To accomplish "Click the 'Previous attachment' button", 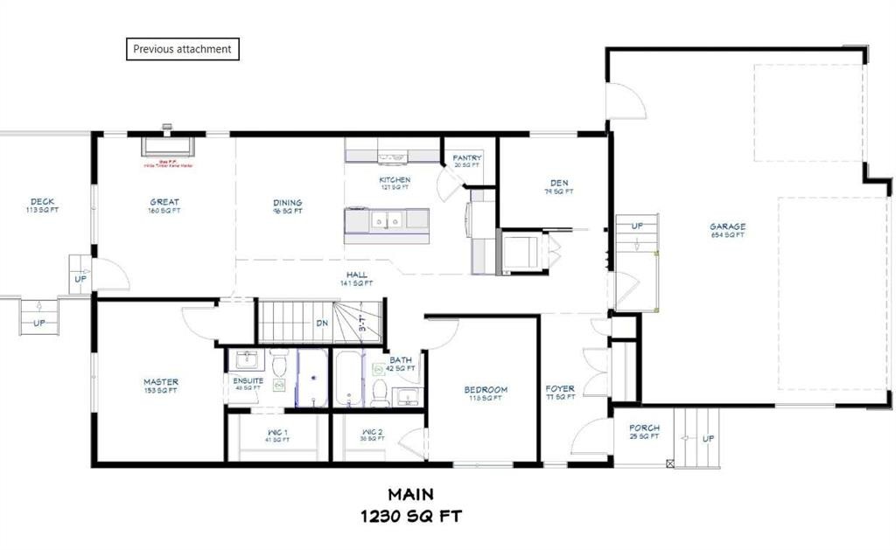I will pos(182,49).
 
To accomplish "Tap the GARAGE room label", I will pos(727,226).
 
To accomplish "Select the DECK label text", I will pos(42,202).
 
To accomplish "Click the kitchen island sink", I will pos(386,221).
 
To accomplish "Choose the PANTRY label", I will pos(467,158).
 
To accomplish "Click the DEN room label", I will pos(558,183).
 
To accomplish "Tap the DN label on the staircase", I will pos(322,323).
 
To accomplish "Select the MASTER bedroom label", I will pos(161,382).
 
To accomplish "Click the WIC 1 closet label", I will pos(279,432).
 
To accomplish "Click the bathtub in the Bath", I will pos(347,379).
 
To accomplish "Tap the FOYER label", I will pos(560,389).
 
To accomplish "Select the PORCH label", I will pos(643,428).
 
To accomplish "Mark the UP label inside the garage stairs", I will pos(637,226).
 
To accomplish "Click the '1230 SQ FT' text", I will pos(411,516).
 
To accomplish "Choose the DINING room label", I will pos(287,202).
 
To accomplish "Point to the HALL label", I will pos(356,275).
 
